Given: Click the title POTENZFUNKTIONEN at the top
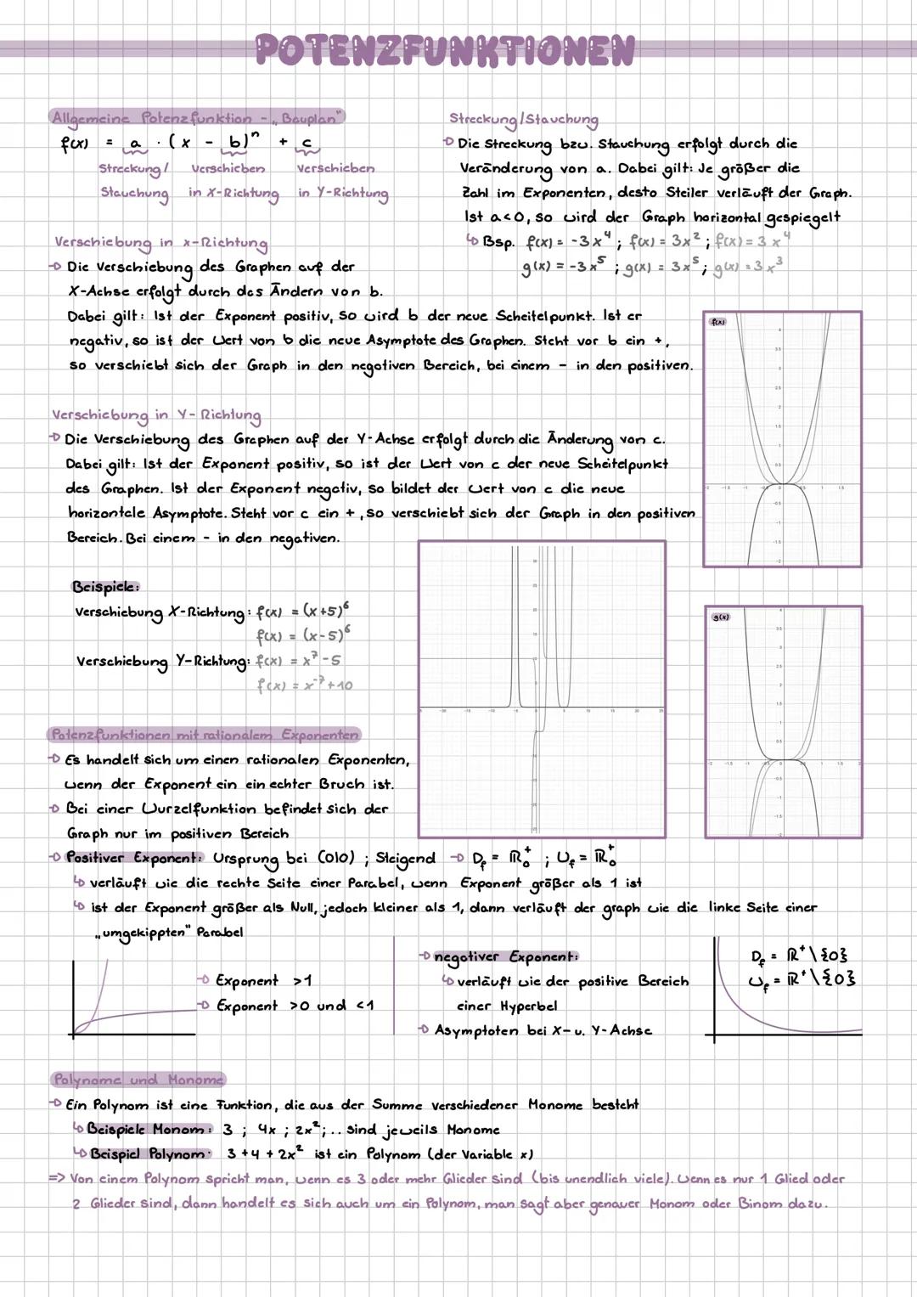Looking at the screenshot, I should (445, 50).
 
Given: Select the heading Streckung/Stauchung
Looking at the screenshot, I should (523, 120).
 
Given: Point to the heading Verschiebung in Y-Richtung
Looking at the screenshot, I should (156, 415).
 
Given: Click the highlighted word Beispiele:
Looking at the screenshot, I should (105, 587).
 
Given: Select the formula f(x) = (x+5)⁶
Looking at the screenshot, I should (303, 611).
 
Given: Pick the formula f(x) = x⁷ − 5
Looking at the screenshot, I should (298, 661).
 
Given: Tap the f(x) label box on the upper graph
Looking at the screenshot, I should (717, 323).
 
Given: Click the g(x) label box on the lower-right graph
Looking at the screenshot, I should (720, 617).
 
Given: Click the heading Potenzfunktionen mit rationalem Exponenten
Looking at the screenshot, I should (205, 735).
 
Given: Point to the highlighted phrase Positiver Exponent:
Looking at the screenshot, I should (134, 858).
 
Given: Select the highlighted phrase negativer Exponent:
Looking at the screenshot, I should (506, 957).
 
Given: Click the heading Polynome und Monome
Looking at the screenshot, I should (138, 1080).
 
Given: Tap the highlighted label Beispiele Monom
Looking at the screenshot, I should (146, 1130).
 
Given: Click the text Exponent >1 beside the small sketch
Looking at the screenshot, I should (263, 981).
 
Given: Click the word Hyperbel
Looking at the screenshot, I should (528, 1006).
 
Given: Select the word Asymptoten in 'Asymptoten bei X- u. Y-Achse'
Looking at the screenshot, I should (476, 1030).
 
